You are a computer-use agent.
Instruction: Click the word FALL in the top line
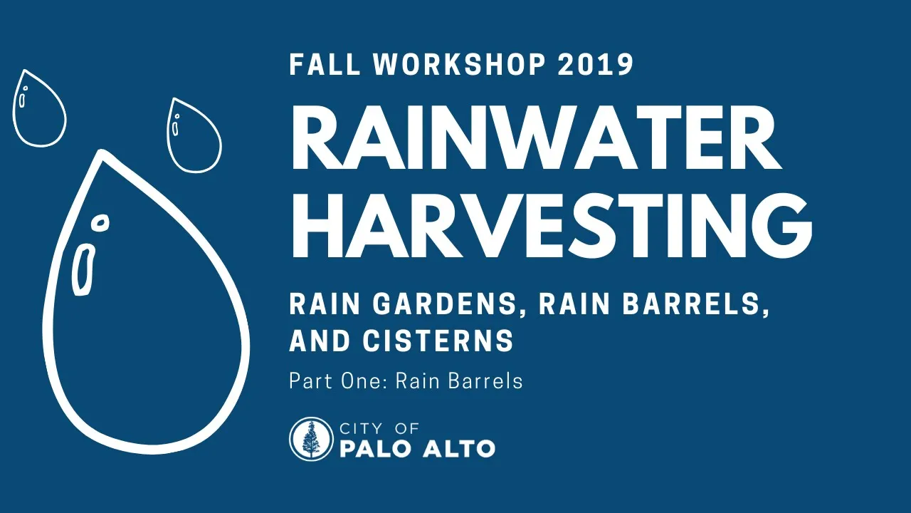pos(325,64)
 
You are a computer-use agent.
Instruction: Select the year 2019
pos(596,64)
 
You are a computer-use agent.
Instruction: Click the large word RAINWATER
pos(536,137)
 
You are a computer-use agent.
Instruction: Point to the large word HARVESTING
pos(551,225)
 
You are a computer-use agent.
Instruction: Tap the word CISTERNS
pos(438,341)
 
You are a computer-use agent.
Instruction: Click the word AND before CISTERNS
pos(320,341)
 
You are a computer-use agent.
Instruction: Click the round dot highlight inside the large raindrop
pos(100,223)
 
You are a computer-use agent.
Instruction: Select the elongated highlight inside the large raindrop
pos(83,269)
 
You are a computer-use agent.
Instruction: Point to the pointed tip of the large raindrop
pos(102,152)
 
